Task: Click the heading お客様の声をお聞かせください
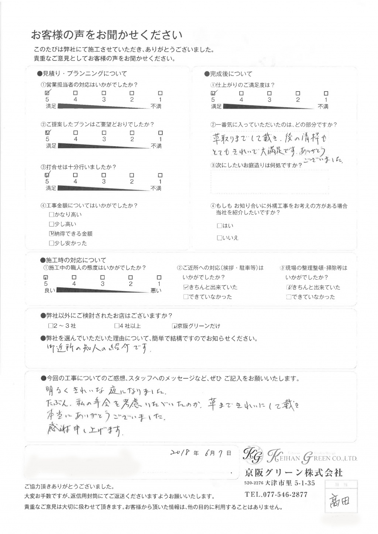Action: pos(107,35)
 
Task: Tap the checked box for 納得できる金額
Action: pos(51,234)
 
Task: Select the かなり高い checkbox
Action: pos(51,214)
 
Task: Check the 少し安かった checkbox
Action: pos(51,243)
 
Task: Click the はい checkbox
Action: pos(219,225)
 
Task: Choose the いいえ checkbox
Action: pos(219,238)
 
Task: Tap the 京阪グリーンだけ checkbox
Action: pos(175,326)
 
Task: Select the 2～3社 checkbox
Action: pos(51,326)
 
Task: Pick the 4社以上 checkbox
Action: pos(117,326)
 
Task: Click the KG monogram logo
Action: pos(253,456)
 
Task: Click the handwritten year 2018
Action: pos(181,453)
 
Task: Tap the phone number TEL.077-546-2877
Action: pos(276,495)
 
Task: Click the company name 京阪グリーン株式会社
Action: pos(293,473)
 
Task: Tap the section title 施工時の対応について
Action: pos(75,260)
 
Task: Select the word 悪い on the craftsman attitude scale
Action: pos(156,291)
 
